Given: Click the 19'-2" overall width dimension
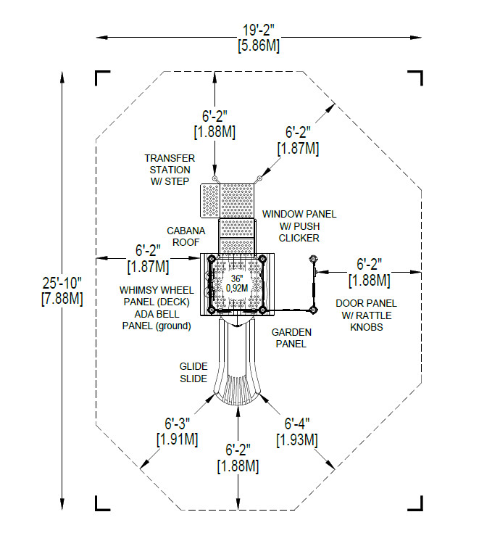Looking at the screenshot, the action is point(259,30).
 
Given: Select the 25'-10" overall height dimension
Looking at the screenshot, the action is point(62,283).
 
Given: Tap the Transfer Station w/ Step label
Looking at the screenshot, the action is point(170,170).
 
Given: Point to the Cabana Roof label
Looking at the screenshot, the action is point(186,236).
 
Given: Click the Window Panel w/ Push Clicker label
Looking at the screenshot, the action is point(299,226).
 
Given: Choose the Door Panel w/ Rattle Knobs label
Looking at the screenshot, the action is point(366,315).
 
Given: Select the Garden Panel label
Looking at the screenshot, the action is point(291,338).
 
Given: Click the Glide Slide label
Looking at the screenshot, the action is point(193,373).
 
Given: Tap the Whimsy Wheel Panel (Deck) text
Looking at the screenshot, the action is point(157,296).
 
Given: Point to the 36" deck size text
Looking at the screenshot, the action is point(237,278).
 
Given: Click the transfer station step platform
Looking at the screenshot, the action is point(210,201).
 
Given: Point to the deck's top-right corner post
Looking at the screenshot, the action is point(262,258).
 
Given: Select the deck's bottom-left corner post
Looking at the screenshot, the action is point(211,310).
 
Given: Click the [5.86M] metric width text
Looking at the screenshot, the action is point(259,46).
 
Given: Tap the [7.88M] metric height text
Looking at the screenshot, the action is point(62,299).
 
